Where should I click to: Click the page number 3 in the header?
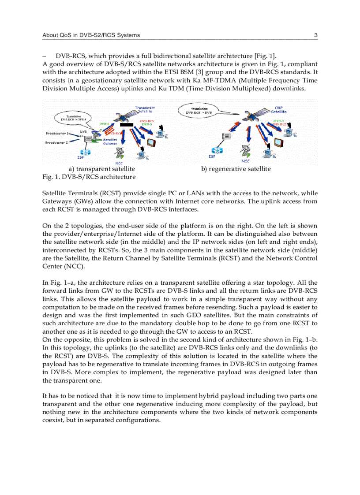pyautogui.click(x=316, y=35)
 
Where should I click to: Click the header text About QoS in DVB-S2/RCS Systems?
pyautogui.click(x=91, y=35)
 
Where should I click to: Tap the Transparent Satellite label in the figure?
pyautogui.click(x=145, y=109)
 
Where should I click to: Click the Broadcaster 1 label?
pyautogui.click(x=56, y=133)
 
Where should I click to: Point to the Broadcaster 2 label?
pyautogui.click(x=56, y=142)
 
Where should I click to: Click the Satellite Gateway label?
pyautogui.click(x=110, y=141)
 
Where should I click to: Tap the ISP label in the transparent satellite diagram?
pyautogui.click(x=81, y=156)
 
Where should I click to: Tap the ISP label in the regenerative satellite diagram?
pyautogui.click(x=212, y=156)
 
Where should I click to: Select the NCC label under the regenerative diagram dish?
pyautogui.click(x=246, y=161)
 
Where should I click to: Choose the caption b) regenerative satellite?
pyautogui.click(x=236, y=169)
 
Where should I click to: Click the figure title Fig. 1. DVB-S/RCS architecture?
pyautogui.click(x=89, y=177)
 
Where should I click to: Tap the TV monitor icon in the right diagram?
pyautogui.click(x=278, y=142)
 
